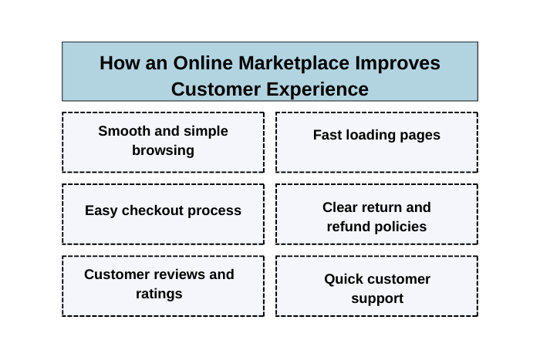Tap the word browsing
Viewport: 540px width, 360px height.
tap(163, 150)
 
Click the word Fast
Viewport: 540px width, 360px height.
tap(327, 135)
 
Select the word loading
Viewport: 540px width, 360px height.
tap(373, 135)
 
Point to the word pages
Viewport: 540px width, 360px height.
tap(420, 135)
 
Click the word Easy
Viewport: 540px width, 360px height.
tap(102, 210)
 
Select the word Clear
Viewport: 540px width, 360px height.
tap(341, 207)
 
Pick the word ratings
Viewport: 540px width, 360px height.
tap(159, 294)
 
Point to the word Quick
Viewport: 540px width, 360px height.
tap(345, 279)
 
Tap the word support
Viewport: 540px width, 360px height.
tap(377, 298)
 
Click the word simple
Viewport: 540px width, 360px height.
tap(207, 131)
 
